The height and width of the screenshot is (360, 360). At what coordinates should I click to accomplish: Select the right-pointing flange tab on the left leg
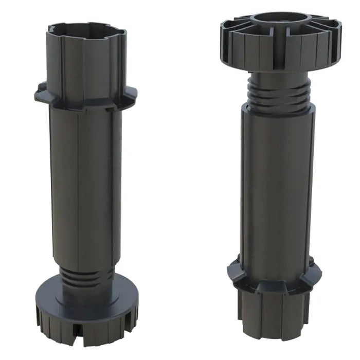tap(131, 93)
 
